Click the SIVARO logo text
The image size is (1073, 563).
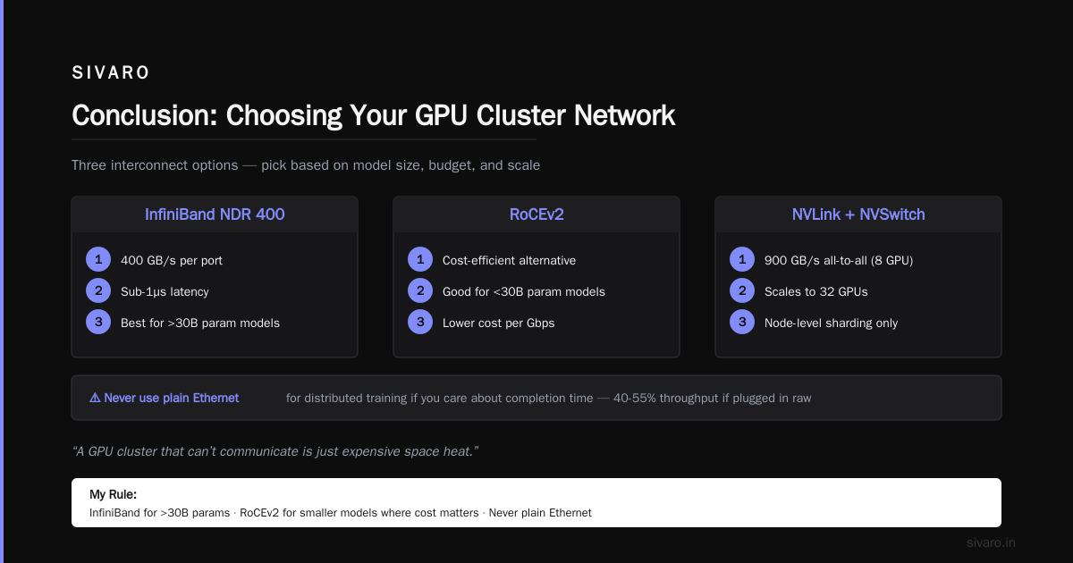tap(111, 72)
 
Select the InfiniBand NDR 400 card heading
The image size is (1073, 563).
tap(215, 214)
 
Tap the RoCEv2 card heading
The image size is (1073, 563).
tap(536, 214)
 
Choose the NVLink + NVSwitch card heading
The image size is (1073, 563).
tap(858, 214)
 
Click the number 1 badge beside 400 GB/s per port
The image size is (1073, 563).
tap(98, 259)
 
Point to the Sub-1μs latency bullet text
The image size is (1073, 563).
tap(165, 291)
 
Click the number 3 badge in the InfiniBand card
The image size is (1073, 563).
tap(98, 322)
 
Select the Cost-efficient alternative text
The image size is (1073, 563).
tap(509, 260)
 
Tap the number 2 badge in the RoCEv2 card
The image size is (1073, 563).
tap(420, 290)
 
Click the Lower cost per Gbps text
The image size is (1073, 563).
tap(499, 324)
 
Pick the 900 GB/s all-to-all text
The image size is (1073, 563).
tap(815, 260)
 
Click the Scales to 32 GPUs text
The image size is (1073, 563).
tap(816, 291)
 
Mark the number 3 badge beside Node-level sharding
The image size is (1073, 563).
tap(742, 322)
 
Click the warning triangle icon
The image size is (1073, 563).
tap(95, 398)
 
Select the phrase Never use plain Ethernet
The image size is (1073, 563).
tap(172, 398)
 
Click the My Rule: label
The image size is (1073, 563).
tap(113, 494)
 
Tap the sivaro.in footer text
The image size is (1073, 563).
tap(991, 542)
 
